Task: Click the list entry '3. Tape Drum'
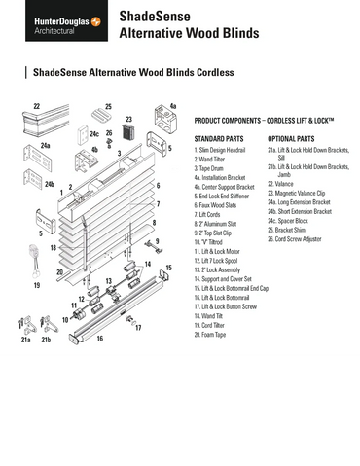[x=215, y=168]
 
